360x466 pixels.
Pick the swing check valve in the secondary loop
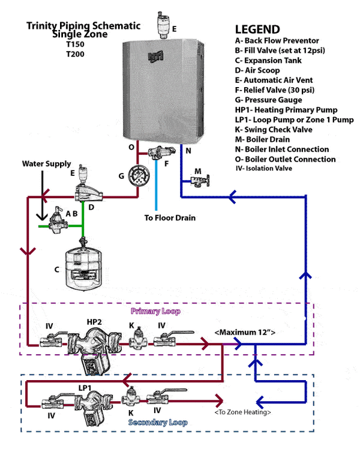[130, 397]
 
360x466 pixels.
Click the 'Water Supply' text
[46, 163]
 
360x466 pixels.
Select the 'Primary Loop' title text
[155, 312]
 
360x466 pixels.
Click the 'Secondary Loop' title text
[158, 423]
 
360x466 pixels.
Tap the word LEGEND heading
[257, 29]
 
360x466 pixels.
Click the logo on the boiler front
[155, 58]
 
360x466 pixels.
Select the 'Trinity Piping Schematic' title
[83, 26]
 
